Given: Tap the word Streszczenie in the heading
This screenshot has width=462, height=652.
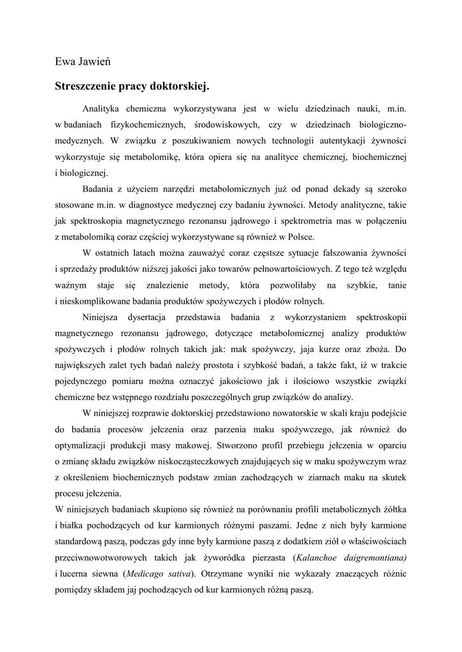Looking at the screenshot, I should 88,85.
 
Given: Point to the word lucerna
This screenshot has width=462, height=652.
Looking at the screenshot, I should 76,574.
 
